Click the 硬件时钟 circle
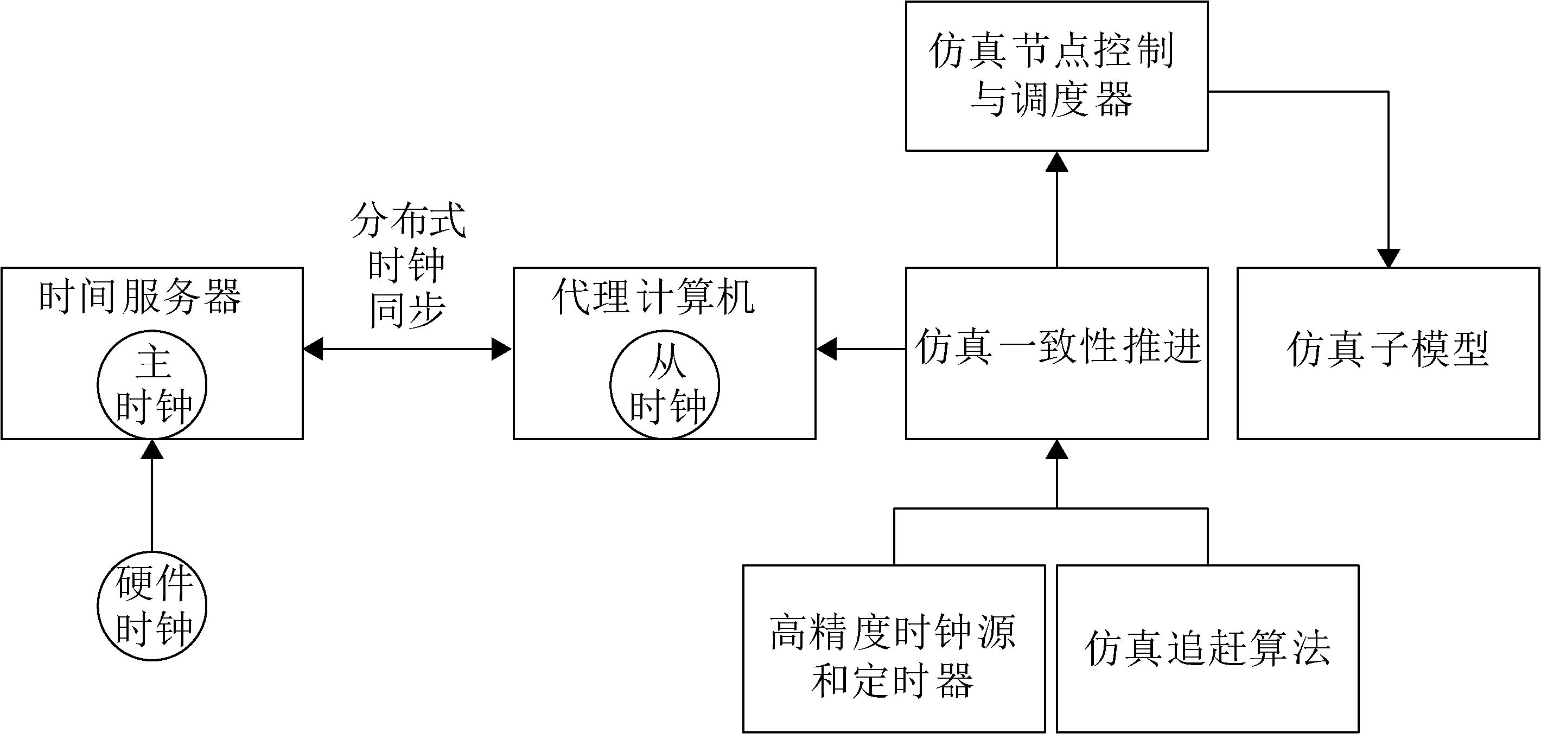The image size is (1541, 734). pyautogui.click(x=152, y=606)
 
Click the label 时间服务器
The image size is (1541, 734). pyautogui.click(x=140, y=297)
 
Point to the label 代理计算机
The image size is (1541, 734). pyautogui.click(x=653, y=297)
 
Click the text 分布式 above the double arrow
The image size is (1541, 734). pyautogui.click(x=408, y=221)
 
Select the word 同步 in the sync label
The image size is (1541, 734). pyautogui.click(x=408, y=310)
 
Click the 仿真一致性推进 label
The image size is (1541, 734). pyautogui.click(x=1058, y=347)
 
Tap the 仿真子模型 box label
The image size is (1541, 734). pyautogui.click(x=1388, y=349)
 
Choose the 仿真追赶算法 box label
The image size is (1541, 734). pyautogui.click(x=1207, y=648)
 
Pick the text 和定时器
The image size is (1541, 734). pyautogui.click(x=893, y=681)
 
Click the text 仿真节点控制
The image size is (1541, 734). pyautogui.click(x=1052, y=51)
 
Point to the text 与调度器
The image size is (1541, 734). pyautogui.click(x=1052, y=99)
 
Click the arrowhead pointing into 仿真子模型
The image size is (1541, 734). pyautogui.click(x=1389, y=258)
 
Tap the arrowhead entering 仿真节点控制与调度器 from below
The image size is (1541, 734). pyautogui.click(x=1057, y=162)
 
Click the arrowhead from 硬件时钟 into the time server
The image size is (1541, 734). pyautogui.click(x=152, y=449)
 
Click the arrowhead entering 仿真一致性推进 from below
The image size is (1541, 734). pyautogui.click(x=1057, y=449)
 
